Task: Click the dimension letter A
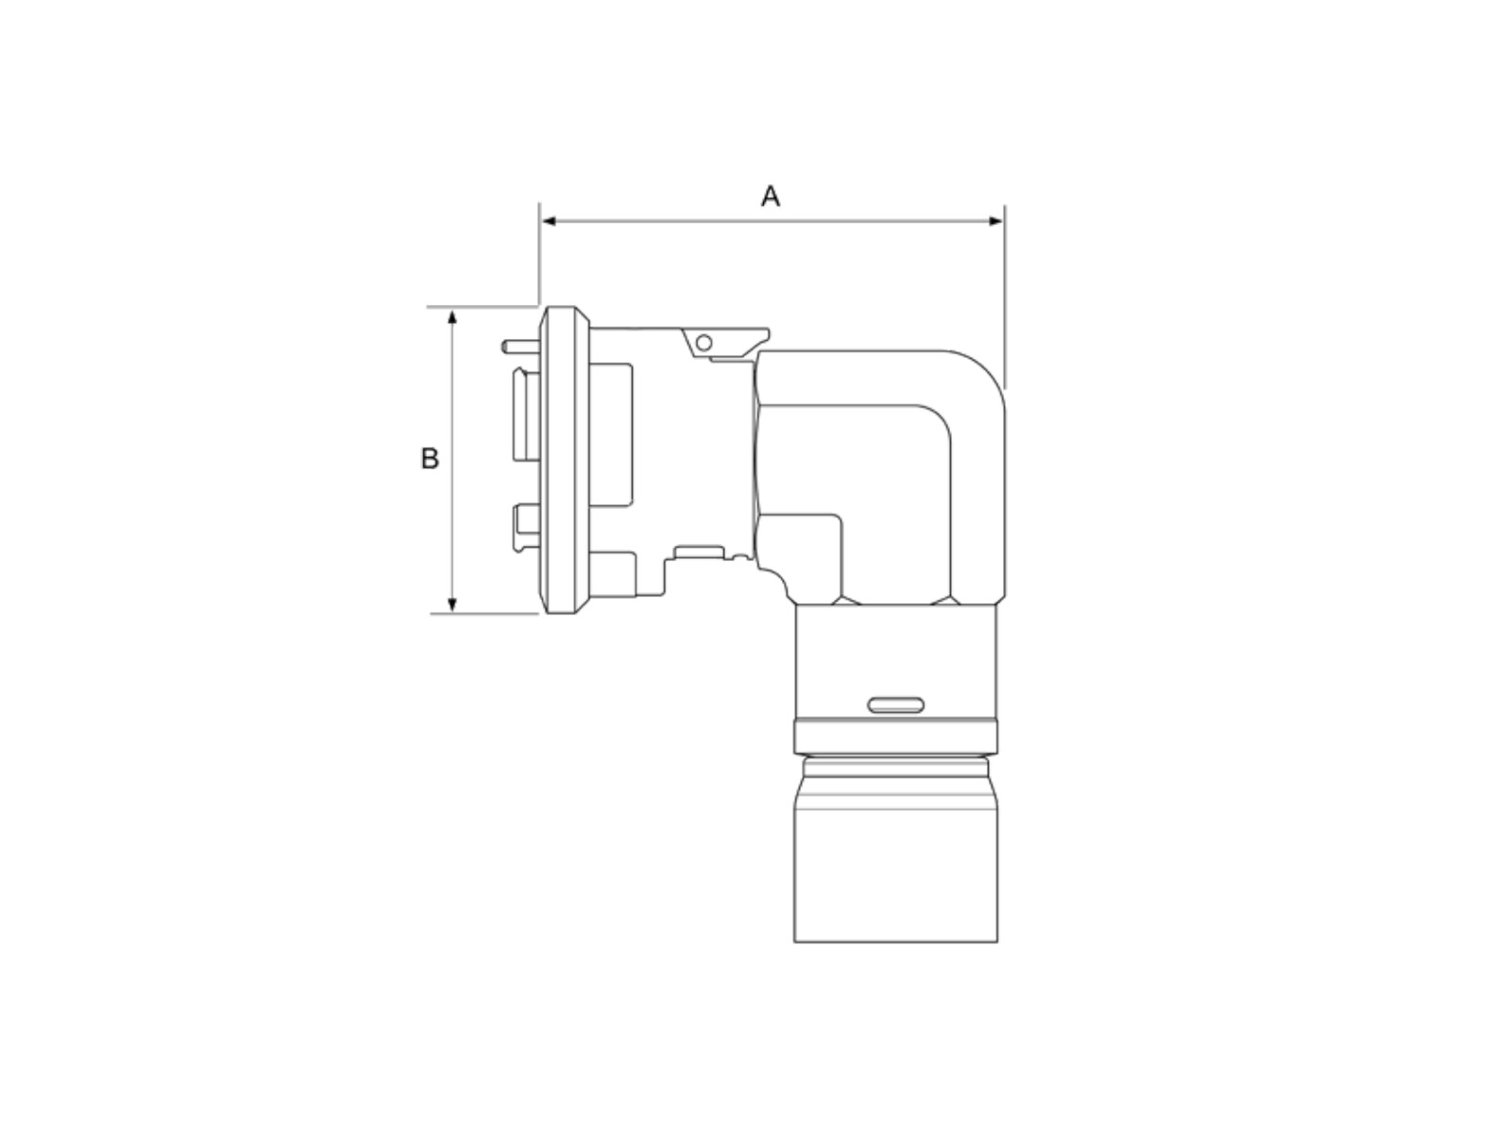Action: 771,196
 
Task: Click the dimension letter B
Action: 430,458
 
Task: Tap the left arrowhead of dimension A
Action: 549,221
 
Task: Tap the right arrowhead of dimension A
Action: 995,221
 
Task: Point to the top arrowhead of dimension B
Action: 452,317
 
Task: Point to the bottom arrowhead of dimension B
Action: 452,604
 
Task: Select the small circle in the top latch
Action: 704,343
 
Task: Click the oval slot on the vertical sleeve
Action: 895,705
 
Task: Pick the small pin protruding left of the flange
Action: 520,347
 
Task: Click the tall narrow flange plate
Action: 565,460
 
